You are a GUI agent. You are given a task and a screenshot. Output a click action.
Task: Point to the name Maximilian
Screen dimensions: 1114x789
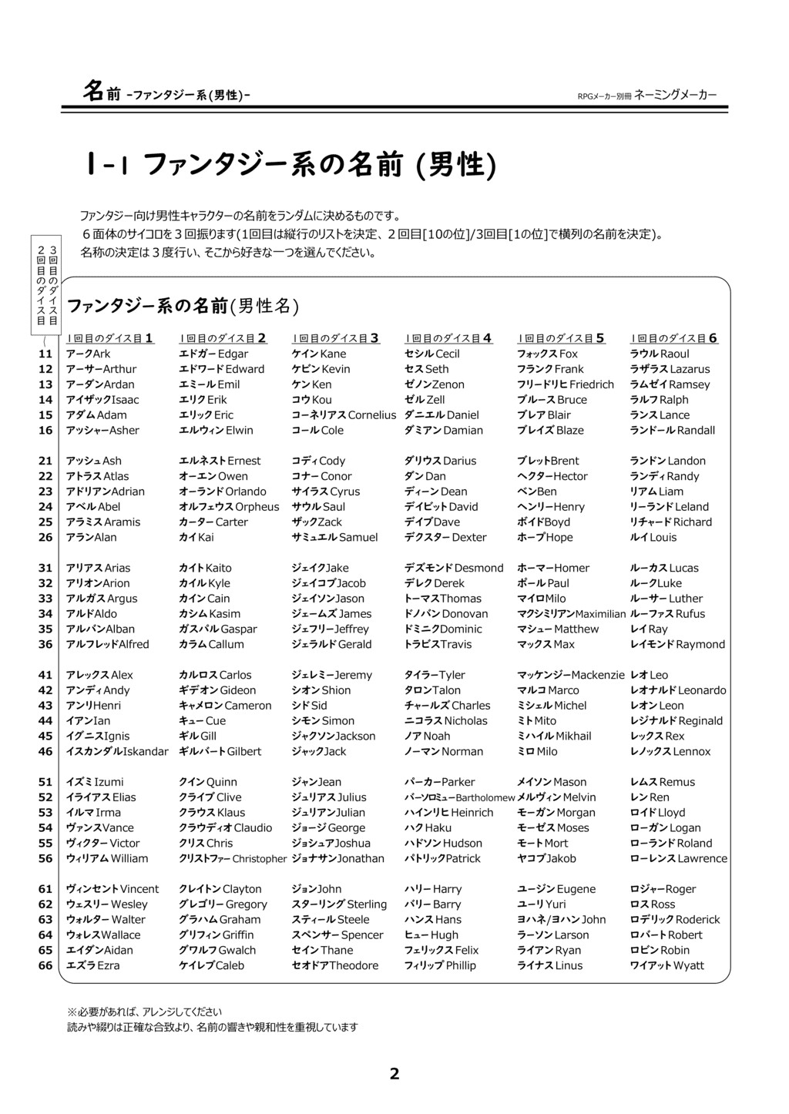tap(600, 614)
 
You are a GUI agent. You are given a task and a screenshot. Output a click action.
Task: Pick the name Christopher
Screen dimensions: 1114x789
tap(259, 859)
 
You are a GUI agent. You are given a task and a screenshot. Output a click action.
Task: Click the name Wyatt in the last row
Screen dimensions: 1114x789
tap(688, 965)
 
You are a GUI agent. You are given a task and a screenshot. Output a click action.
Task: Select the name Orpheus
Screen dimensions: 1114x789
tap(257, 507)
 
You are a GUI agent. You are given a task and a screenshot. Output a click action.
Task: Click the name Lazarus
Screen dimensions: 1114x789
tap(690, 369)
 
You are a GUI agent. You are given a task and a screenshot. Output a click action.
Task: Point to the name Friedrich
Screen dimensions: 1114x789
tap(592, 384)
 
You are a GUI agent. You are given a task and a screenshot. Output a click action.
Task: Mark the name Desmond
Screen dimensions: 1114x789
tap(478, 568)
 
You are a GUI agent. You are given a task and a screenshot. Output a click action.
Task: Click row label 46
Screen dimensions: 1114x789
tap(45, 751)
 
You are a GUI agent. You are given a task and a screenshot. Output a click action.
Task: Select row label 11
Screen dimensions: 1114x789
tap(45, 354)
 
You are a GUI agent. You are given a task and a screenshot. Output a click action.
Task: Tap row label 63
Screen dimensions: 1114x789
tap(45, 919)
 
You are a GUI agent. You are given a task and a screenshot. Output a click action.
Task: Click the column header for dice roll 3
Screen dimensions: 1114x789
tap(335, 337)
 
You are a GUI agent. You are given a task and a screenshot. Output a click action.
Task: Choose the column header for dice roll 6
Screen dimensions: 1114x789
tap(674, 337)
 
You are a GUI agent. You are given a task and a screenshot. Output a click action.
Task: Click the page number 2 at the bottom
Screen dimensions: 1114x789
tap(394, 1073)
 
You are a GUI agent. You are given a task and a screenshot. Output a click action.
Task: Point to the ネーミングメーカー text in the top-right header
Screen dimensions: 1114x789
tap(676, 95)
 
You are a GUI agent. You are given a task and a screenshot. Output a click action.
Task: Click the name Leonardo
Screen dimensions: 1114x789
tap(701, 690)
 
